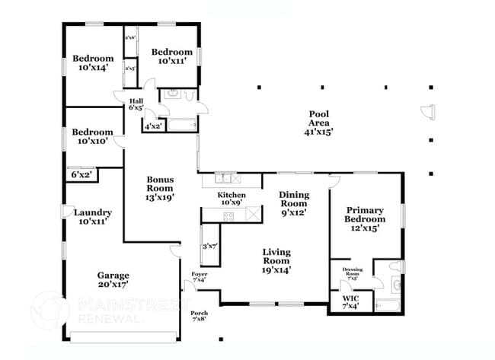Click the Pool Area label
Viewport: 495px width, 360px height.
[x=318, y=123]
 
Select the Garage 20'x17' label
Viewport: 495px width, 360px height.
[x=112, y=279]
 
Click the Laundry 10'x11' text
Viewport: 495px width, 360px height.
[x=93, y=217]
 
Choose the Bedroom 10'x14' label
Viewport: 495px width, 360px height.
[x=93, y=63]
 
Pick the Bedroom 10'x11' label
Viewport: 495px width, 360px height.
[x=171, y=56]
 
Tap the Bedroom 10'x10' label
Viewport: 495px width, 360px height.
[x=93, y=136]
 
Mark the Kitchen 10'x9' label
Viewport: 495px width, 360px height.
[x=232, y=199]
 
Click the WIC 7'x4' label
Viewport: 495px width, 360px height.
[x=350, y=302]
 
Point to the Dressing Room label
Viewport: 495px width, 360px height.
[x=352, y=272]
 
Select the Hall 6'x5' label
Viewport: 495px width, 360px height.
[x=136, y=104]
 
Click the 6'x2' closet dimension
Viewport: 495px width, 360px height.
[x=81, y=175]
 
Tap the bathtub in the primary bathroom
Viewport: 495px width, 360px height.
[x=388, y=306]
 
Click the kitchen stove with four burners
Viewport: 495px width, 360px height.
[x=227, y=216]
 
